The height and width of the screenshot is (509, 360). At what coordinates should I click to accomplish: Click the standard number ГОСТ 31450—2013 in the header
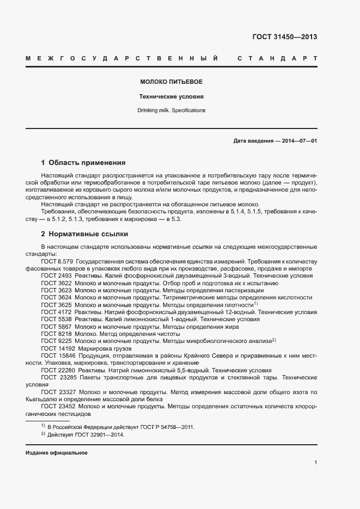click(284, 37)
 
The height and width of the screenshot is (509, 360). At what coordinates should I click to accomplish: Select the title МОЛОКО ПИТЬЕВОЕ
click(171, 82)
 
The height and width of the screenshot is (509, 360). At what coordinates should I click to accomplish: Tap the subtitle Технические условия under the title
click(171, 96)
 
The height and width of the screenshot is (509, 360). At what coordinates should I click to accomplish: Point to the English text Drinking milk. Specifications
click(171, 110)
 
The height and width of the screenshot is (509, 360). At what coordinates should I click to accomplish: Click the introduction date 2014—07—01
click(299, 140)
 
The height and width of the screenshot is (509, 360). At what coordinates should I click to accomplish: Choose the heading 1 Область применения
click(83, 162)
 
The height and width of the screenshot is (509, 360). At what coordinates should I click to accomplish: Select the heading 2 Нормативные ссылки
click(84, 234)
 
